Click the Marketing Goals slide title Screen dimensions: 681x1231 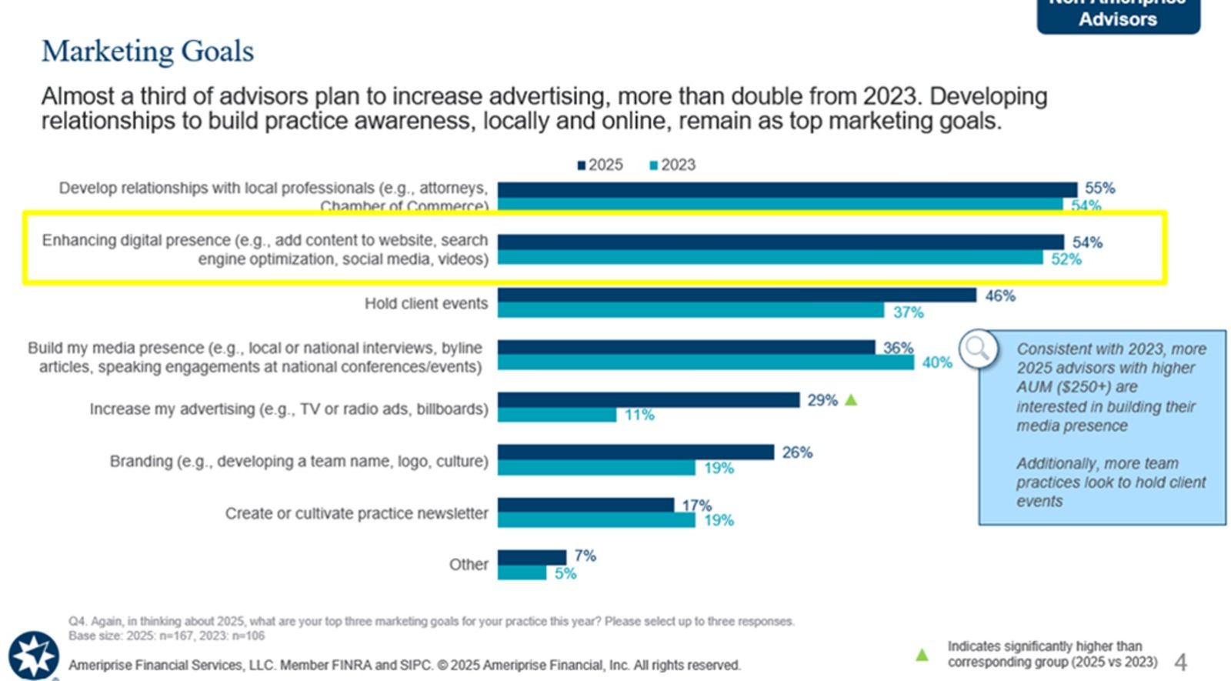(x=148, y=52)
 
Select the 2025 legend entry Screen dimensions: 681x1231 (x=600, y=165)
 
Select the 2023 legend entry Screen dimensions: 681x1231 (x=672, y=165)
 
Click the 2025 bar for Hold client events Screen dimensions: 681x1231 (x=736, y=295)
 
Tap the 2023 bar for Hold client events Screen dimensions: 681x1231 (x=690, y=311)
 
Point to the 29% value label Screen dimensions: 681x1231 (x=822, y=400)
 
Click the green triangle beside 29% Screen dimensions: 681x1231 (x=851, y=400)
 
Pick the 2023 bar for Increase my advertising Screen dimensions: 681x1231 (x=556, y=415)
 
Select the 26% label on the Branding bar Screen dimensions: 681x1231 (x=797, y=452)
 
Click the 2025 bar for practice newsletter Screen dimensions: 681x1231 (x=585, y=505)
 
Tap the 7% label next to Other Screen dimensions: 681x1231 (x=585, y=556)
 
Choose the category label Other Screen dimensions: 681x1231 (x=469, y=565)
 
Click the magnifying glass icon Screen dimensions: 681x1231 (x=978, y=349)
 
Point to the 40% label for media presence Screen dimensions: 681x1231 (x=937, y=362)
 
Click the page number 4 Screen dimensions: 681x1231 (x=1180, y=662)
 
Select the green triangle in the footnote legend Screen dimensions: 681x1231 (x=922, y=655)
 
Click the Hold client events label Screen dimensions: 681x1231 (x=425, y=304)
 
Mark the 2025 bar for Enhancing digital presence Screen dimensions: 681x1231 (x=780, y=242)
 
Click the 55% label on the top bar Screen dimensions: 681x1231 (x=1099, y=188)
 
